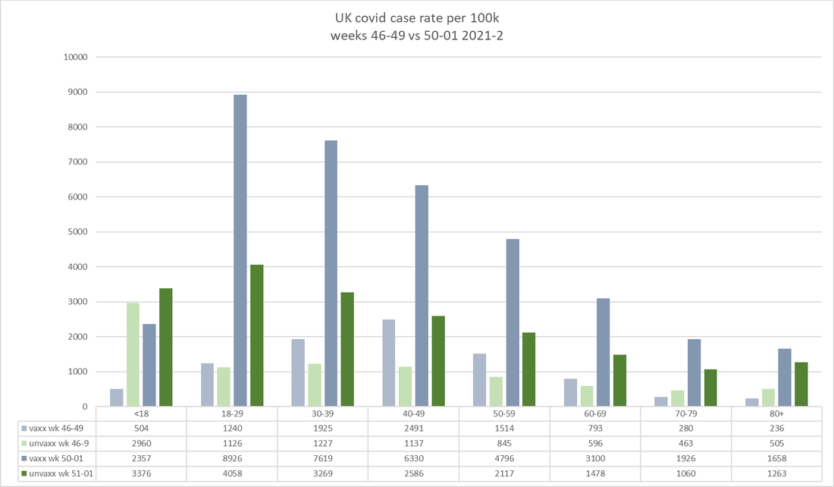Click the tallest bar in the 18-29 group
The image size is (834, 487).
[240, 250]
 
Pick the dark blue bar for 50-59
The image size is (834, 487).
[513, 322]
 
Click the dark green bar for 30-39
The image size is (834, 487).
[347, 349]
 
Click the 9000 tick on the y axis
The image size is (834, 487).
[77, 93]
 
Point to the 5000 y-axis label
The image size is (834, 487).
[77, 232]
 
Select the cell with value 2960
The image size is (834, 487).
[141, 444]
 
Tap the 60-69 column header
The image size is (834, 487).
[594, 414]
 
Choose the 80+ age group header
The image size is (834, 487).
[776, 414]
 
